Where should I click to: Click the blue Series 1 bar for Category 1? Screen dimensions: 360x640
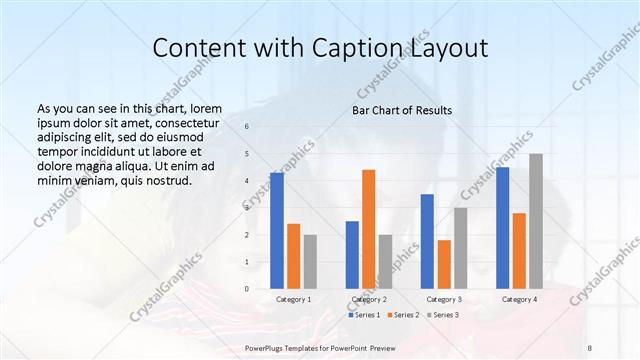277,230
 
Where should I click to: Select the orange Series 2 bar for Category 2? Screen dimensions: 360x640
368,229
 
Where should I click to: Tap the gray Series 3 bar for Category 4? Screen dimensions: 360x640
536,221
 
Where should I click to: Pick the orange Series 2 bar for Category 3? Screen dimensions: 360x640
444,264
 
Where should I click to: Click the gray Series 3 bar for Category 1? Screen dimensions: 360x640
310,261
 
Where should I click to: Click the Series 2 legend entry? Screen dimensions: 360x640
403,315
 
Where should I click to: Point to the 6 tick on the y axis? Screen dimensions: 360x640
248,127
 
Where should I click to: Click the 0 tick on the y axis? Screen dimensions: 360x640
248,289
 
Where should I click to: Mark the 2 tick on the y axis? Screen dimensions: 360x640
248,235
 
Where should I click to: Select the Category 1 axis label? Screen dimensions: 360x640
293,299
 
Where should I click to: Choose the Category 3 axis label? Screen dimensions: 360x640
443,299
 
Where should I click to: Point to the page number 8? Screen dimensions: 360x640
590,347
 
